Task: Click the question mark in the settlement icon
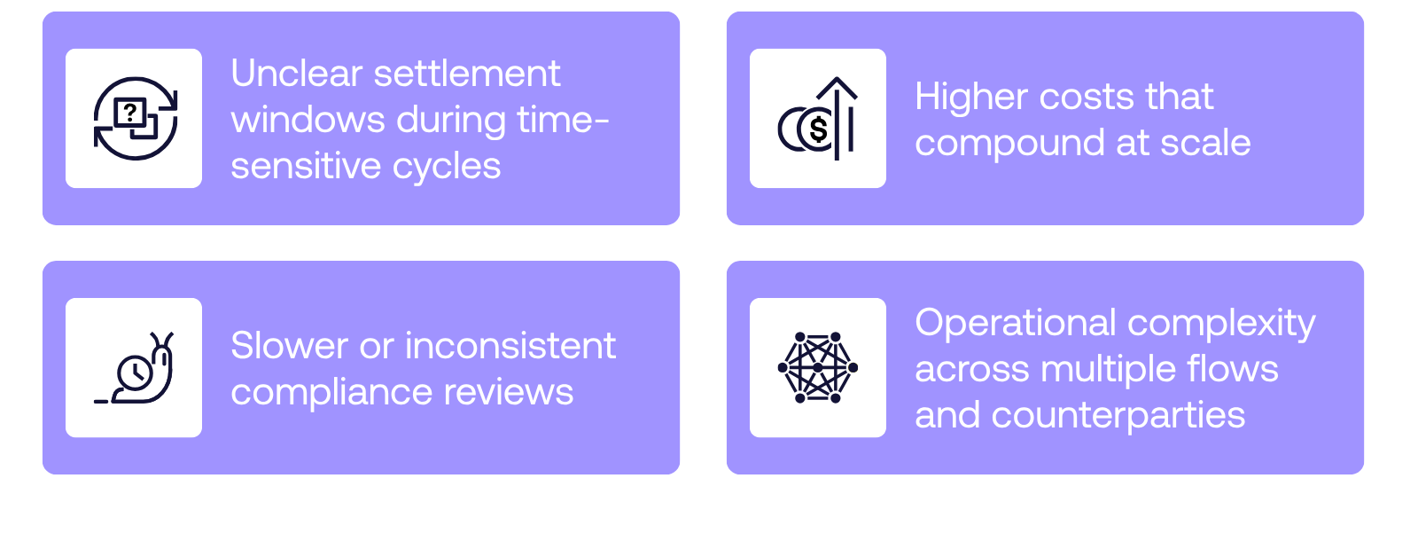[130, 112]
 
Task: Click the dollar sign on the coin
[818, 129]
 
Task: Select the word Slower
[289, 346]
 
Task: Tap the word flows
[1235, 369]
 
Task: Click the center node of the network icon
[818, 367]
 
